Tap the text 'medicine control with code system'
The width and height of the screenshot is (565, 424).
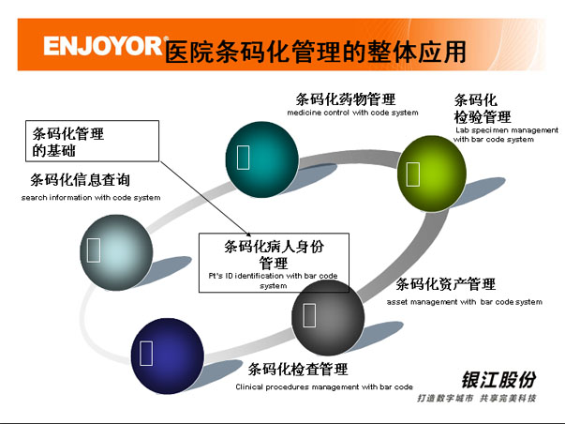click(x=352, y=114)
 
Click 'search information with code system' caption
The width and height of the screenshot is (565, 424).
click(x=91, y=198)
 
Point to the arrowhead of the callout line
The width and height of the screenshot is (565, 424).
click(x=251, y=236)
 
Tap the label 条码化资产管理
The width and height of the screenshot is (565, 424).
click(x=445, y=284)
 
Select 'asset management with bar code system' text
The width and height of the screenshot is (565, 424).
click(x=464, y=302)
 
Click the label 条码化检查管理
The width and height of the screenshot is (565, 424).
click(x=298, y=369)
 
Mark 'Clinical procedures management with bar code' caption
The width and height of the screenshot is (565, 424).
click(x=324, y=386)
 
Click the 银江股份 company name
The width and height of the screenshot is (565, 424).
click(x=498, y=380)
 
